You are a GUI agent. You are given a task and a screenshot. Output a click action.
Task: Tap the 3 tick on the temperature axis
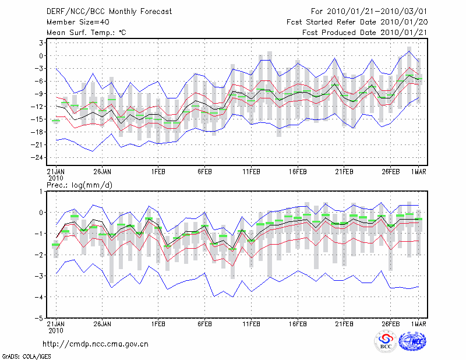tap(42, 43)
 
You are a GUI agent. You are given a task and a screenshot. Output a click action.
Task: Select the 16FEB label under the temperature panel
tap(297, 172)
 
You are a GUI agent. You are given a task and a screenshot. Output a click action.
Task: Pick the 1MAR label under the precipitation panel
tap(418, 322)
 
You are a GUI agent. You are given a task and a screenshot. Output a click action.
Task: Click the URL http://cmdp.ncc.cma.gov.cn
tap(96, 344)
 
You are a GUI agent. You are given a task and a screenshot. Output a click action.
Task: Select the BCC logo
tap(386, 342)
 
